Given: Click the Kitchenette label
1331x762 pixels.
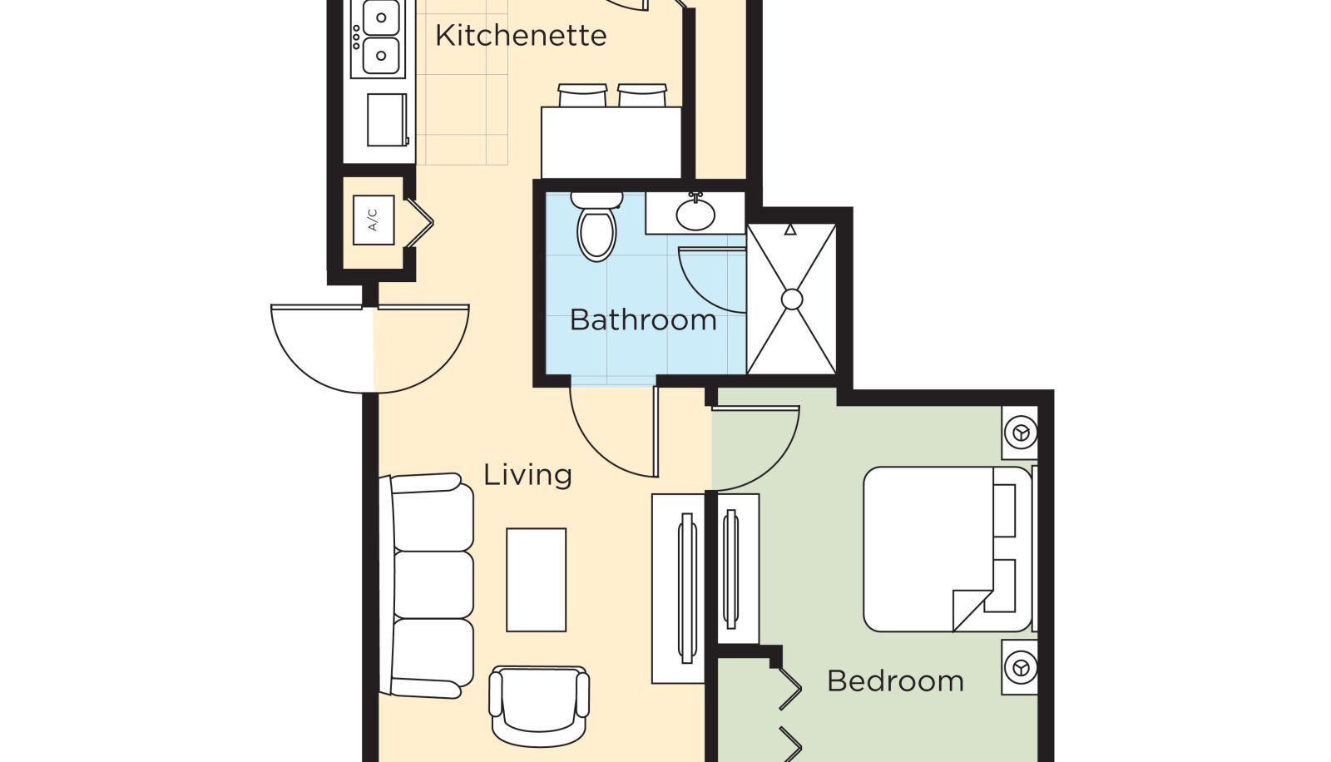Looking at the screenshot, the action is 521,36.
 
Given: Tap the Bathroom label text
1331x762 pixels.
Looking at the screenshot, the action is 643,319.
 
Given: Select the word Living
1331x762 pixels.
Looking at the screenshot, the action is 527,475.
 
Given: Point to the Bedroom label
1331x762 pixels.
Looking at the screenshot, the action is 895,680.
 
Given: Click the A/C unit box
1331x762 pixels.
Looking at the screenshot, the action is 374,220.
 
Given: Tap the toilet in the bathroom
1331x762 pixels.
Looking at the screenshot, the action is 596,226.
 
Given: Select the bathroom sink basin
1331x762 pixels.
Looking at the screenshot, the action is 695,214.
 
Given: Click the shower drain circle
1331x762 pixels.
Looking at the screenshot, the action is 791,299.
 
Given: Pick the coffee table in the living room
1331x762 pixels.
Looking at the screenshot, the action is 536,580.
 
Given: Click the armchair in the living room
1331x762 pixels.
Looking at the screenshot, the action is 539,705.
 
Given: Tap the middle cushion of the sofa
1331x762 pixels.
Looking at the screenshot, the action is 433,585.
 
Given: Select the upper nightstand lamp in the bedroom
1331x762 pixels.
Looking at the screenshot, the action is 1021,433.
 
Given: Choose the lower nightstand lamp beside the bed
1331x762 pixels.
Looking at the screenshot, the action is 1021,667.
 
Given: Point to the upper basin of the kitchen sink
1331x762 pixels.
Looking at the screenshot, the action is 381,17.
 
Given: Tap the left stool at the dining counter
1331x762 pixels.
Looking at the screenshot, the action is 582,96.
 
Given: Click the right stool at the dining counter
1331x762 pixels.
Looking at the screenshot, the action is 641,96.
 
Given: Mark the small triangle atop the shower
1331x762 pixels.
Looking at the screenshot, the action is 790,230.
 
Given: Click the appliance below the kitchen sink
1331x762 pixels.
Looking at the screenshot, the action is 388,120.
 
